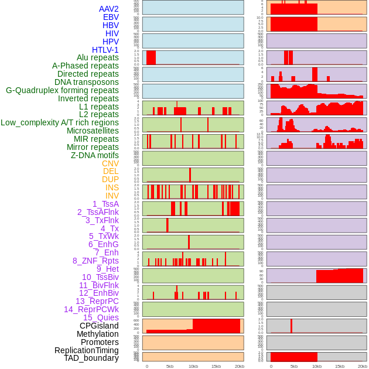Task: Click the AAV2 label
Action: coord(108,9)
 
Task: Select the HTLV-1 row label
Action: coord(105,50)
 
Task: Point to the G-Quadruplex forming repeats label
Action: coord(62,90)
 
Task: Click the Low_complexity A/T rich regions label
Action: coord(60,122)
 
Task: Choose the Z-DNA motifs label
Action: coord(94,155)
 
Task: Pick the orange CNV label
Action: coord(110,163)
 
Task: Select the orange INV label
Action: coord(112,196)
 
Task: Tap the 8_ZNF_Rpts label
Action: coord(95,261)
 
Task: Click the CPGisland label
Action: coord(99,326)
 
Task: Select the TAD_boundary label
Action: coord(91,358)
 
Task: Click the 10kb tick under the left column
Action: coord(193,366)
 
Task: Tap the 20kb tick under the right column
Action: coord(363,366)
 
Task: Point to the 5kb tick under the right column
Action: coord(294,366)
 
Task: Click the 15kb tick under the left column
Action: coord(216,366)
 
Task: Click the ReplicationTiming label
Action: coord(86,350)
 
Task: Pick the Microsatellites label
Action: coord(93,131)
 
